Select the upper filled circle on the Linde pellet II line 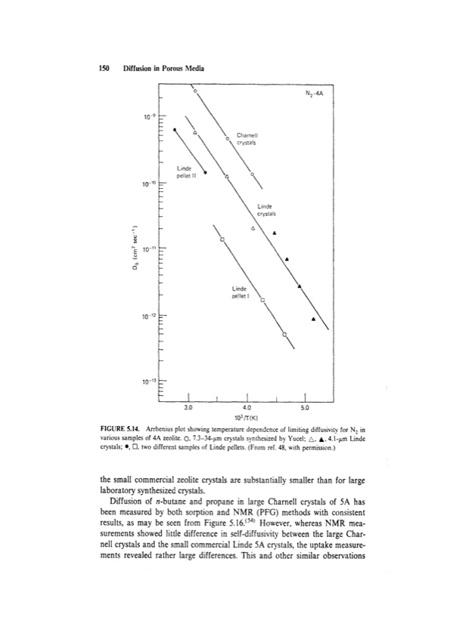[175, 128]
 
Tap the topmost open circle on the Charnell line [195, 91]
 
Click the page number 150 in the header [105, 68]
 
